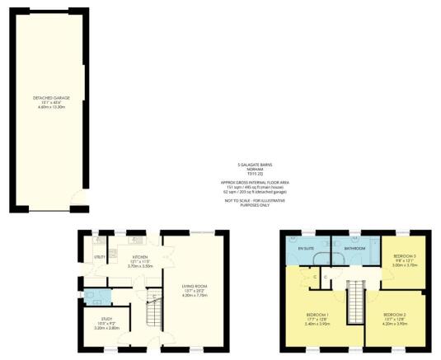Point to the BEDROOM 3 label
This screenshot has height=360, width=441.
(403, 257)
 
